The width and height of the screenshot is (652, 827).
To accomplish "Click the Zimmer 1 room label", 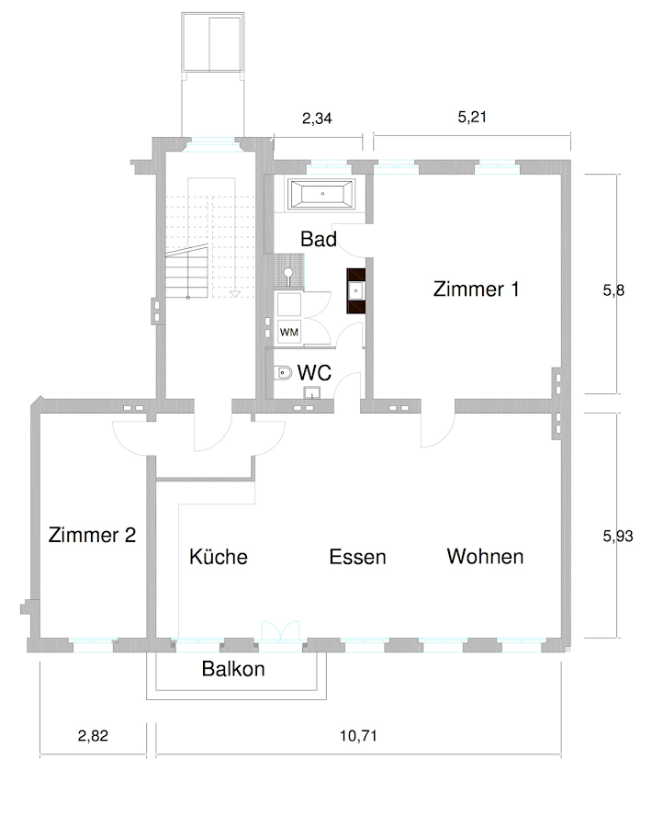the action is point(476,289).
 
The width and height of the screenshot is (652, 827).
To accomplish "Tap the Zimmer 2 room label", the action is point(92,535).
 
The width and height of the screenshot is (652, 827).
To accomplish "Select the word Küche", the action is point(219,557).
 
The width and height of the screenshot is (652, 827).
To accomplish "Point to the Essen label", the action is point(357,557).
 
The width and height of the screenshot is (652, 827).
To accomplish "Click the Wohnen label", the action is point(485,557).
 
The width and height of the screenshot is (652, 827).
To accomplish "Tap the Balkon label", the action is point(233,669).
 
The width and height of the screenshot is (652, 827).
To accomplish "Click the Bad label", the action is point(319,239).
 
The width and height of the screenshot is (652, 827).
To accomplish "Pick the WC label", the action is point(314,372).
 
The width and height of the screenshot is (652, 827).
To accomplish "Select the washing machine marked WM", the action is point(289,333).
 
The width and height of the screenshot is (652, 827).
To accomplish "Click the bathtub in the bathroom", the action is point(322,194).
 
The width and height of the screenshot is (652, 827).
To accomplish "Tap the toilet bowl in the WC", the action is point(284,373).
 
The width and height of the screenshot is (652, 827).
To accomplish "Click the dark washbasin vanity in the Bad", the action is point(355,291).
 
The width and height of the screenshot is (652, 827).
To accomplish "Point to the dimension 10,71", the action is point(358,735).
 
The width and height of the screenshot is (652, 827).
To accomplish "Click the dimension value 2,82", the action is point(93,735).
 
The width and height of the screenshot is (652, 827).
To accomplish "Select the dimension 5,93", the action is point(618,537).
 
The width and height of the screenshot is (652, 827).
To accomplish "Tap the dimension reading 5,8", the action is point(613,290).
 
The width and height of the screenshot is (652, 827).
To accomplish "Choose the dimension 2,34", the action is point(317,119).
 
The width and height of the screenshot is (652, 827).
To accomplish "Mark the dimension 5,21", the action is point(472,117).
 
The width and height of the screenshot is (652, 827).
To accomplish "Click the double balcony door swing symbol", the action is point(280,630).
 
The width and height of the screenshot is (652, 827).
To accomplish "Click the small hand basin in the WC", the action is point(311,392).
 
